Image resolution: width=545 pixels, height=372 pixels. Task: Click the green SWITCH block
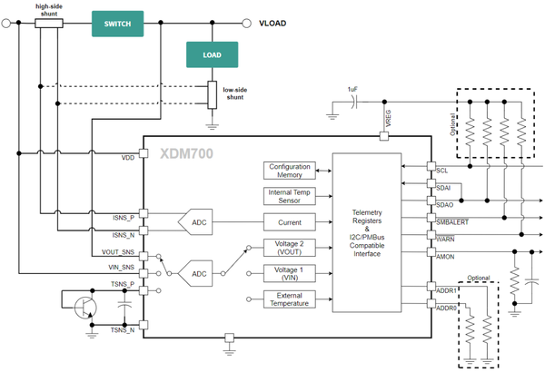pyautogui.click(x=118, y=24)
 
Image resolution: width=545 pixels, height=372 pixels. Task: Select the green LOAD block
pyautogui.click(x=212, y=54)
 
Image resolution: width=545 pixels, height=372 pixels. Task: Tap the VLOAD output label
pyautogui.click(x=275, y=24)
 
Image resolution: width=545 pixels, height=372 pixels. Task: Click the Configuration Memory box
pyautogui.click(x=289, y=171)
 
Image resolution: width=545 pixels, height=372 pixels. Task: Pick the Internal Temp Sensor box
pyautogui.click(x=289, y=196)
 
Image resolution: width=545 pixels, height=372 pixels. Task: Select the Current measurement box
pyautogui.click(x=289, y=221)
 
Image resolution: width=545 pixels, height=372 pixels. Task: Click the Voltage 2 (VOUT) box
pyautogui.click(x=289, y=248)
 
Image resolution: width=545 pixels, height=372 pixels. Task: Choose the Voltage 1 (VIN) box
pyautogui.click(x=289, y=274)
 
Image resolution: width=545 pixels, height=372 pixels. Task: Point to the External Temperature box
pyautogui.click(x=289, y=299)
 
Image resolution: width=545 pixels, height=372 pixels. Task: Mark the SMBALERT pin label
pyautogui.click(x=454, y=220)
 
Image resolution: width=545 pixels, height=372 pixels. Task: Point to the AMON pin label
pyautogui.click(x=446, y=257)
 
